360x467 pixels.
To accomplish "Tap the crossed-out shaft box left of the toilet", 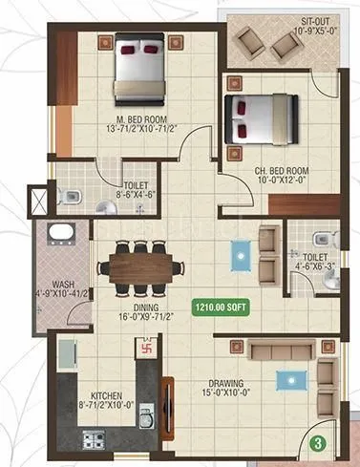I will [38, 202].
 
